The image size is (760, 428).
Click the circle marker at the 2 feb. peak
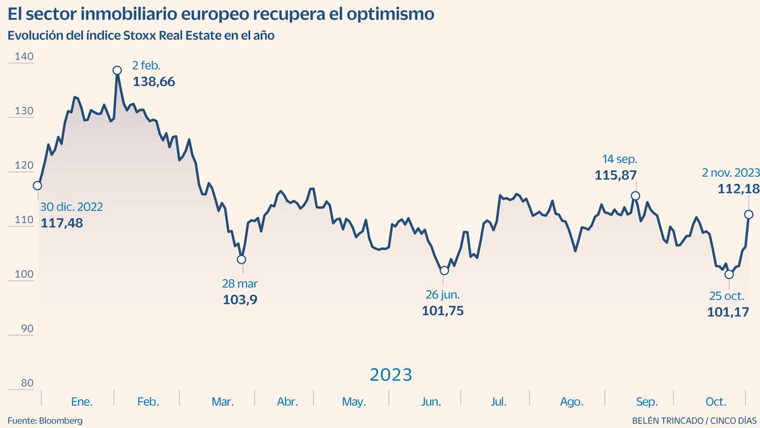coord(117,70)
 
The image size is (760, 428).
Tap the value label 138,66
coord(154,82)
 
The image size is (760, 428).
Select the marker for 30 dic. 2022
coord(37,186)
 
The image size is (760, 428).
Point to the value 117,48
coord(61,223)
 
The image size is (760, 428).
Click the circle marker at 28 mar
coord(241,259)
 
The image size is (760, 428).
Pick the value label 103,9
coord(240,299)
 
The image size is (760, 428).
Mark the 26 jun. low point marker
coord(444,271)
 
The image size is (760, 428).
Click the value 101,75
coord(443,311)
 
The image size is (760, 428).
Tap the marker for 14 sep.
coord(636,196)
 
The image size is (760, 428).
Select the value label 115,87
coord(616,175)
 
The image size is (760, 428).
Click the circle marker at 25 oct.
coord(729,275)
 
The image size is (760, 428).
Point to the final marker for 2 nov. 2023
coord(749,215)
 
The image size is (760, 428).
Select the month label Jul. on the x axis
coord(498,402)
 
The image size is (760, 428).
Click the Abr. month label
coord(288,402)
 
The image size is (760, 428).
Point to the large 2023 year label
coord(391,375)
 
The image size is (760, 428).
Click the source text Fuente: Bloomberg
coord(45,420)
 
